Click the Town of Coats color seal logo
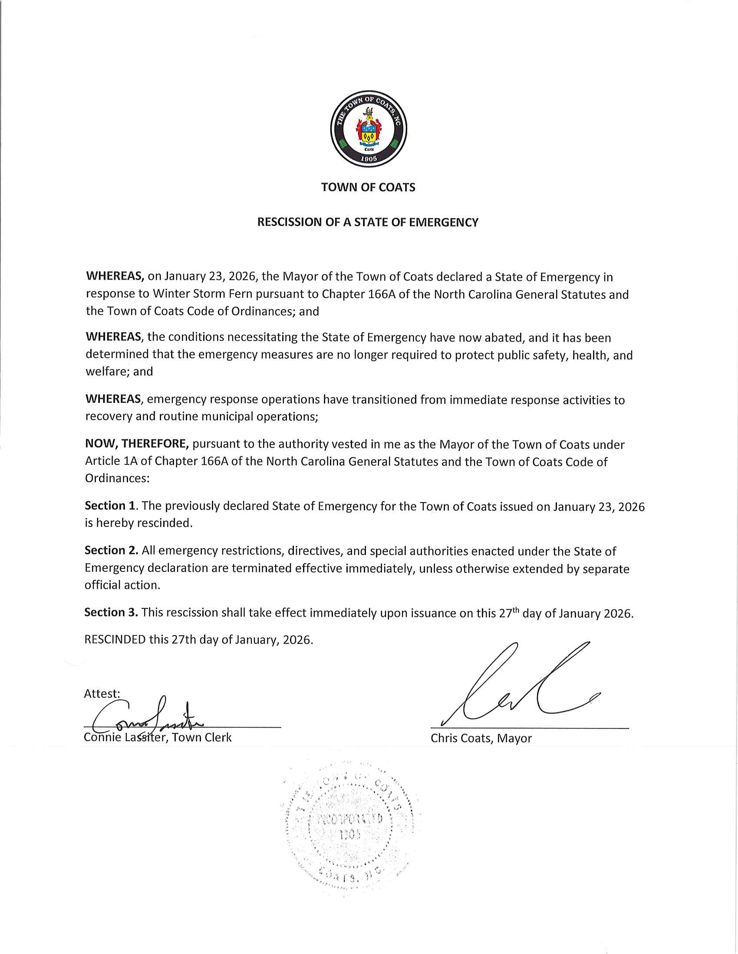(x=369, y=129)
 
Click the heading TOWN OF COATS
(x=368, y=187)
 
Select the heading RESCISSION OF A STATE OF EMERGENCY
(x=368, y=222)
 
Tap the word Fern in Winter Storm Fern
(x=241, y=294)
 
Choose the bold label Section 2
(x=112, y=551)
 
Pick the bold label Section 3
(x=112, y=612)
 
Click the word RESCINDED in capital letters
(x=115, y=640)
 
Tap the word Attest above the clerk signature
(x=102, y=694)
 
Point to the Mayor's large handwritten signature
(x=520, y=686)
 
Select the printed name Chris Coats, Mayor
(x=481, y=738)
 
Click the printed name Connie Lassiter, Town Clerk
(x=158, y=738)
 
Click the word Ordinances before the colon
(x=116, y=479)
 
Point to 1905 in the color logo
(x=368, y=159)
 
